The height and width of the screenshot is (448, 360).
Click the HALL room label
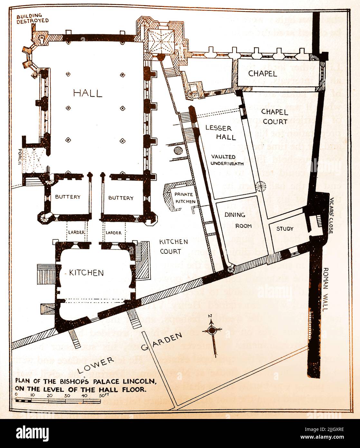click(x=88, y=93)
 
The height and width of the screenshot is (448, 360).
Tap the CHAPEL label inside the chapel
click(x=262, y=74)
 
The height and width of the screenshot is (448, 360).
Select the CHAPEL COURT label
click(x=274, y=117)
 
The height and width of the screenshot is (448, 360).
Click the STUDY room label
click(x=285, y=229)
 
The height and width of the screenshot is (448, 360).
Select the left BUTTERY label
click(x=67, y=197)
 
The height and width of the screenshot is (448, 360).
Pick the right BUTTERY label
click(x=120, y=198)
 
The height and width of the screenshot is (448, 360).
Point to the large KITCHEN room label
click(x=86, y=273)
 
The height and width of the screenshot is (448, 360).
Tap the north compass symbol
click(x=212, y=330)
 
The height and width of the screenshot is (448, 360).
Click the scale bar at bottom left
click(x=58, y=401)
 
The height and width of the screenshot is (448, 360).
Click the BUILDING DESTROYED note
click(x=33, y=18)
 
